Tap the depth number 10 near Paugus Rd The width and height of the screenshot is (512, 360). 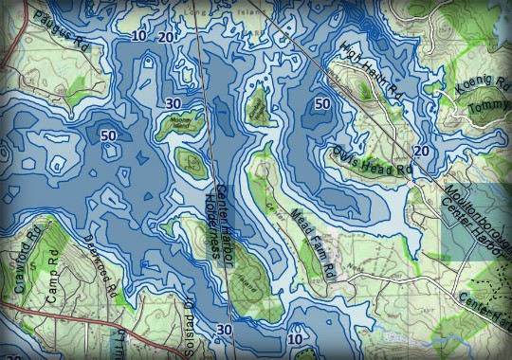[x=139, y=36]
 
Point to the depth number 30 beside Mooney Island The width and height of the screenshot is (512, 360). [x=173, y=102]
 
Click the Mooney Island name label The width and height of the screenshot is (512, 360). [x=179, y=122]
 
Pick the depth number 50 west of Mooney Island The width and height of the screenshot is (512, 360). [x=108, y=135]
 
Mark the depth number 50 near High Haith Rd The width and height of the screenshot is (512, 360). [x=321, y=102]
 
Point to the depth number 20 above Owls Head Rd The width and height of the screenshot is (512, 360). [x=421, y=151]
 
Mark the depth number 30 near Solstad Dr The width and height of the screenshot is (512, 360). [x=224, y=330]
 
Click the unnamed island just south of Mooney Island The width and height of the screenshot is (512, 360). [x=193, y=164]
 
